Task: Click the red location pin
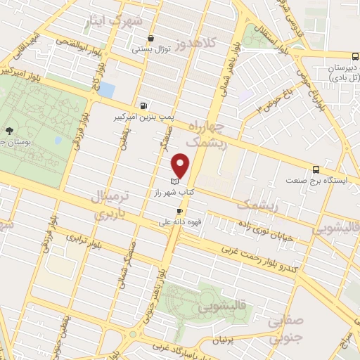click(x=182, y=165)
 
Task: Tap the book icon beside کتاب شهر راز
click(x=174, y=182)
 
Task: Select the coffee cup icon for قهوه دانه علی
click(x=181, y=211)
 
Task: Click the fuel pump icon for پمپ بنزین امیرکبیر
click(x=144, y=105)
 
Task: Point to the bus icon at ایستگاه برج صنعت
click(x=316, y=169)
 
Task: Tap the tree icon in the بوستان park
click(x=8, y=131)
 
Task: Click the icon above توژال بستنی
click(x=150, y=39)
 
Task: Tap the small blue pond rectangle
click(x=106, y=90)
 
